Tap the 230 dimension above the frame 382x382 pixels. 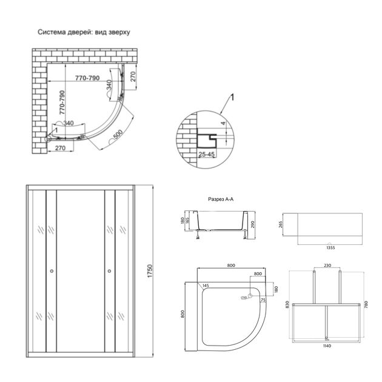tap(327, 265)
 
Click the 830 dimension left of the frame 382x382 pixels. tap(287, 307)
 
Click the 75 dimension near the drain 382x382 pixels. tap(263, 300)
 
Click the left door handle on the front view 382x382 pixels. tap(52, 271)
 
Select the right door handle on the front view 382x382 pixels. tap(109, 271)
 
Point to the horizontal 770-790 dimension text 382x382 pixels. tap(88, 78)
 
